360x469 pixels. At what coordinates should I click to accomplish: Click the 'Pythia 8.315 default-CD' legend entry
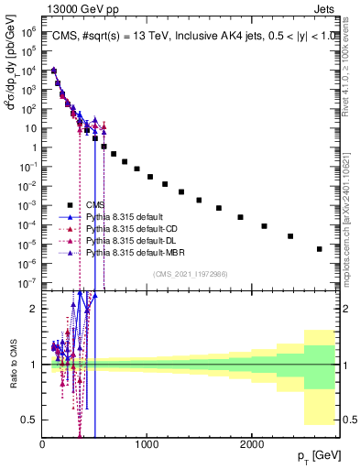(x=128, y=228)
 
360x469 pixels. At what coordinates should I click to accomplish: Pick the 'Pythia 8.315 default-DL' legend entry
(x=128, y=239)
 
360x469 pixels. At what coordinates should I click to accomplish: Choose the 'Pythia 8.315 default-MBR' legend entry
(x=131, y=251)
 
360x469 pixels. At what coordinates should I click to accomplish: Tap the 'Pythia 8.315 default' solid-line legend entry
(x=120, y=216)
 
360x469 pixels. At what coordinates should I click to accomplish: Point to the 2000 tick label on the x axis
(x=252, y=443)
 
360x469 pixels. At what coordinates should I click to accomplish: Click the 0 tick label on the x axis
(x=42, y=443)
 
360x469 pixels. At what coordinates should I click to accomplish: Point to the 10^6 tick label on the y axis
(x=28, y=31)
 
